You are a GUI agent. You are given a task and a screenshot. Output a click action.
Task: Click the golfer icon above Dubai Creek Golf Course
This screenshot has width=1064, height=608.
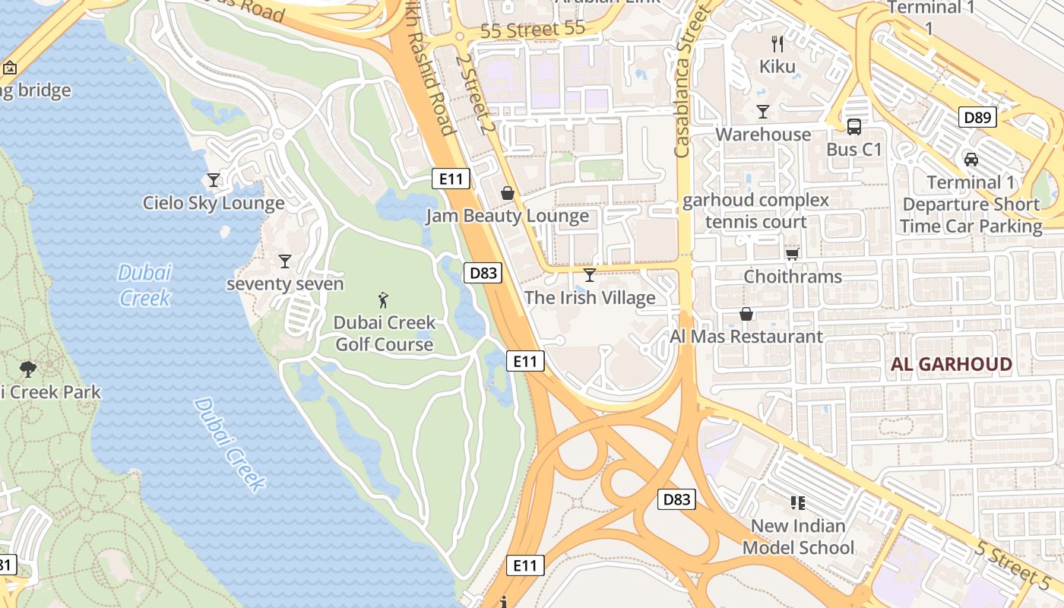coord(383,299)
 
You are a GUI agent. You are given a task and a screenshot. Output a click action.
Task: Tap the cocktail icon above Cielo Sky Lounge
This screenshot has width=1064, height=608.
coord(214,180)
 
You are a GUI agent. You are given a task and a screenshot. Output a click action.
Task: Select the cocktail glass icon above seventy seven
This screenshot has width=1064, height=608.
coord(285,261)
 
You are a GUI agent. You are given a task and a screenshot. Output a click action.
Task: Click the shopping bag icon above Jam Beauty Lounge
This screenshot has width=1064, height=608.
coord(508,194)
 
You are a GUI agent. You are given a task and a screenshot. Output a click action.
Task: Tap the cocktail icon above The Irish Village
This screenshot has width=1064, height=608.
coord(589,274)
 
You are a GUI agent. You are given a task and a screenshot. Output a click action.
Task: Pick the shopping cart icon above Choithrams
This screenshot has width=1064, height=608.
coord(793,254)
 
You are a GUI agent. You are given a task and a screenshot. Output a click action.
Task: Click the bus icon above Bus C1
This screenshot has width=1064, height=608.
coord(854,127)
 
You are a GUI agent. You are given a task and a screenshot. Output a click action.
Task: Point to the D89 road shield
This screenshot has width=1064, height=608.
coord(977,117)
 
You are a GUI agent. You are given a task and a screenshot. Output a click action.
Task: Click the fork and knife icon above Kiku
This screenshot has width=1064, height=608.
coord(777,44)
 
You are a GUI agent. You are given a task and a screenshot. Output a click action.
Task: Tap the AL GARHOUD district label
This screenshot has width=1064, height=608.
coord(952,364)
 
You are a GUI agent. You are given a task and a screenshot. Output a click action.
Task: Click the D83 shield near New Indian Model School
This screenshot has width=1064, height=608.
coord(676,499)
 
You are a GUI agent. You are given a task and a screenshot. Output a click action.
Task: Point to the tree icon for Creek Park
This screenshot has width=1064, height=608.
coord(28,370)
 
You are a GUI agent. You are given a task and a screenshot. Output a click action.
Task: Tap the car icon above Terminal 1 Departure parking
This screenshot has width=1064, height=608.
coord(971,160)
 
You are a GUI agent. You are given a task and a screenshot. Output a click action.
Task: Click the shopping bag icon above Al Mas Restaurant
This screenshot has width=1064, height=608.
coord(746,314)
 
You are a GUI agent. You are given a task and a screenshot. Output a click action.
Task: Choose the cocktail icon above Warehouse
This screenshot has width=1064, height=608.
coord(763,112)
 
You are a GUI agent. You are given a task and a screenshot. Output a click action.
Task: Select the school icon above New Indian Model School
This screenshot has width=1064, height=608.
coord(797,502)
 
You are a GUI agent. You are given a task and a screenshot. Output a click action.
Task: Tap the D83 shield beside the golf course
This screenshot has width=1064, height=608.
coord(483,273)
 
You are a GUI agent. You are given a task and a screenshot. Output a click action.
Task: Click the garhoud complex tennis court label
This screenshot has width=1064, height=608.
coord(755,211)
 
